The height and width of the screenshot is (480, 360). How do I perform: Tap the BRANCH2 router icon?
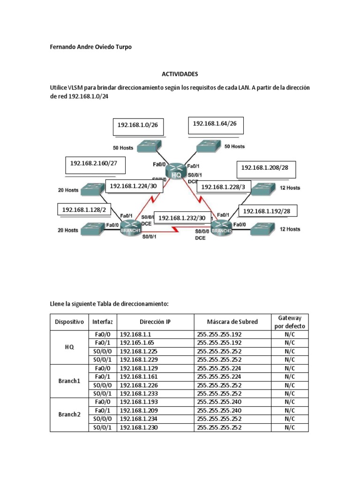click(222, 228)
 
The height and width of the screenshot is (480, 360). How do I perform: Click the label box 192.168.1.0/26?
click(138, 126)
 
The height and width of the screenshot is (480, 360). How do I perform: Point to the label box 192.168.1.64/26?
click(215, 124)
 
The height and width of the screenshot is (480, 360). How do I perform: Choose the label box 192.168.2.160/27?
click(94, 164)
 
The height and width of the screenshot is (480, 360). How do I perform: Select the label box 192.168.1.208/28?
click(266, 168)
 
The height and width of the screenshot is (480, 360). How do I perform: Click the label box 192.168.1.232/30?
click(182, 218)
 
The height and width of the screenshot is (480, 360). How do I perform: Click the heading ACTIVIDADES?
click(180, 74)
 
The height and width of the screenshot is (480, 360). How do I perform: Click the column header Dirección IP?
click(155, 322)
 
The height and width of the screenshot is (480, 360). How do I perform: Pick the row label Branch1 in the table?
click(69, 381)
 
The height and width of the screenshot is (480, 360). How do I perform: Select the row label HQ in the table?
click(69, 347)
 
